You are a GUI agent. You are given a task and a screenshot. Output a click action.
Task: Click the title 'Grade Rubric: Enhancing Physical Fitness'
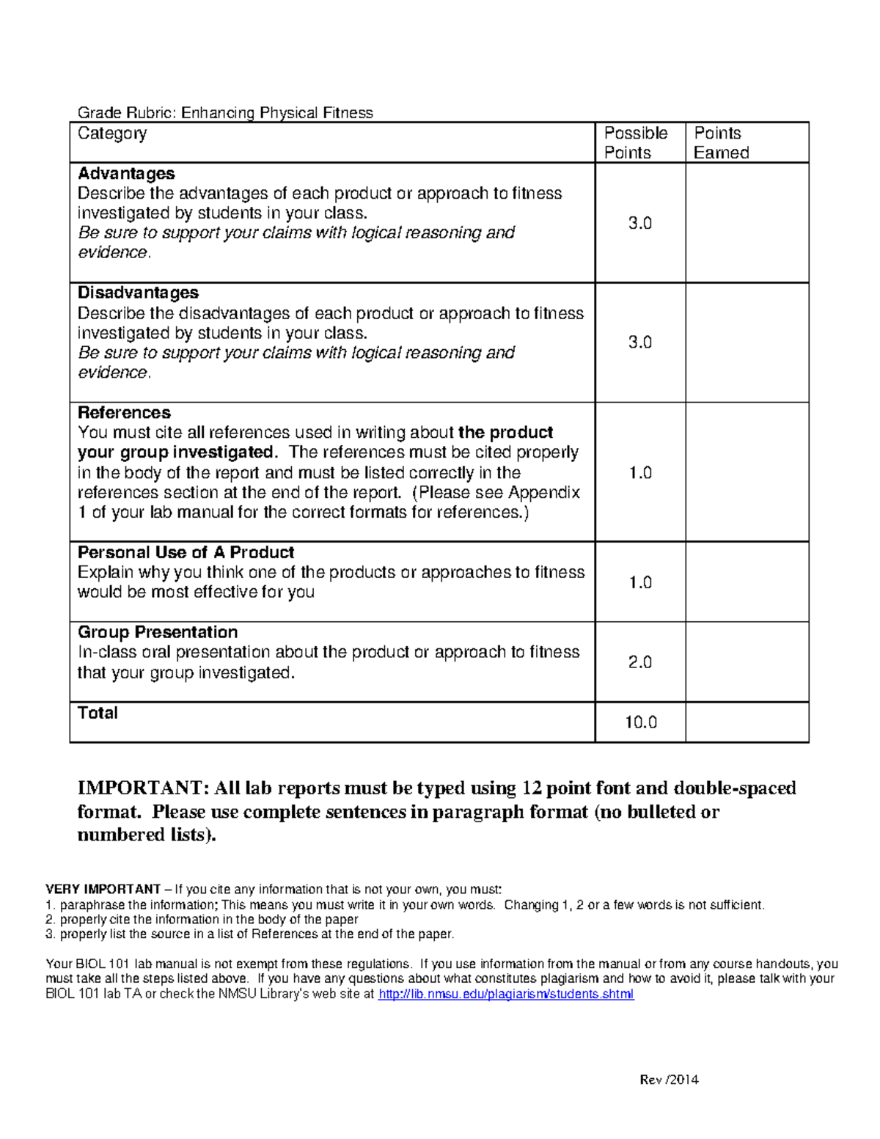(225, 113)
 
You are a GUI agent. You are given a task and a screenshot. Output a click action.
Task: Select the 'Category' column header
(112, 133)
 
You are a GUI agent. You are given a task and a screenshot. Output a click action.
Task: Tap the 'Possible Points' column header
(635, 143)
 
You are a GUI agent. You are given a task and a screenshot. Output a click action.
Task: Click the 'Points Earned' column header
(721, 143)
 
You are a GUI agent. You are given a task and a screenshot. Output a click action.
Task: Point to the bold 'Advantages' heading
(126, 174)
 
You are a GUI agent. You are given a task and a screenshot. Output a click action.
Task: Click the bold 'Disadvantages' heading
(138, 293)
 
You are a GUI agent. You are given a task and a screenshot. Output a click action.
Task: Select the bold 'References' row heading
(124, 413)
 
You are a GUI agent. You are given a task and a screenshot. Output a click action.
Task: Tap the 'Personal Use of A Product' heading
(186, 552)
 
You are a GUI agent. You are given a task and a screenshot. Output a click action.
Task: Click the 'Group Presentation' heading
(158, 632)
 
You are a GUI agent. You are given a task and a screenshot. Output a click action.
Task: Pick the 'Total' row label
(98, 713)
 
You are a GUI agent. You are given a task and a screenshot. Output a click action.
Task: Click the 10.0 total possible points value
(640, 722)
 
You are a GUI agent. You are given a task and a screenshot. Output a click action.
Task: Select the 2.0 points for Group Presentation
(640, 662)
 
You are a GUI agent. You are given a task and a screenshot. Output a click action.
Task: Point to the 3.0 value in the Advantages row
(640, 223)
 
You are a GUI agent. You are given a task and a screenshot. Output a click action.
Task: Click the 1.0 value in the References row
(640, 473)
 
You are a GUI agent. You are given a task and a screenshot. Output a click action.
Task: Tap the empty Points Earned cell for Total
(747, 722)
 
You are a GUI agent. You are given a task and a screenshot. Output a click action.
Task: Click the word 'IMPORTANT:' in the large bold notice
(144, 788)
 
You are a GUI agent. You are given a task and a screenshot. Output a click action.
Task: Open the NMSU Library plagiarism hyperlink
(505, 995)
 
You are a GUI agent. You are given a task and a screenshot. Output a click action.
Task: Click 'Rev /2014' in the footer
(669, 1080)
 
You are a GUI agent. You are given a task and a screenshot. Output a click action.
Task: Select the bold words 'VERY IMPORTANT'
(103, 890)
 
